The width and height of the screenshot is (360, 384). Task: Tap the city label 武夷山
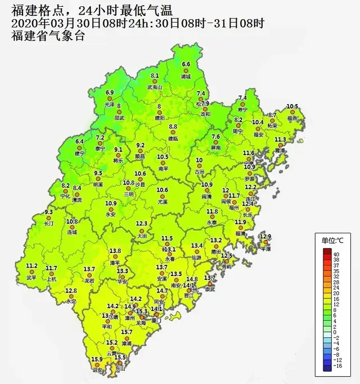(x=155, y=87)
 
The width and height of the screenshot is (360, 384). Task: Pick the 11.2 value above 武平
(x=31, y=266)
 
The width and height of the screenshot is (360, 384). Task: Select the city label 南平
(x=163, y=168)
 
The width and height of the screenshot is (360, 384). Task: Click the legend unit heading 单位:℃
(x=332, y=241)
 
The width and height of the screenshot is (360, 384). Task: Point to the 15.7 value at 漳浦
(x=126, y=332)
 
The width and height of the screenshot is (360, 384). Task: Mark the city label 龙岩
(x=89, y=280)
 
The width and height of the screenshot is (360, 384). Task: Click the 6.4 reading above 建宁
(x=79, y=142)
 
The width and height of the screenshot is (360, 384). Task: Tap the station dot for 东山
(x=120, y=363)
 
